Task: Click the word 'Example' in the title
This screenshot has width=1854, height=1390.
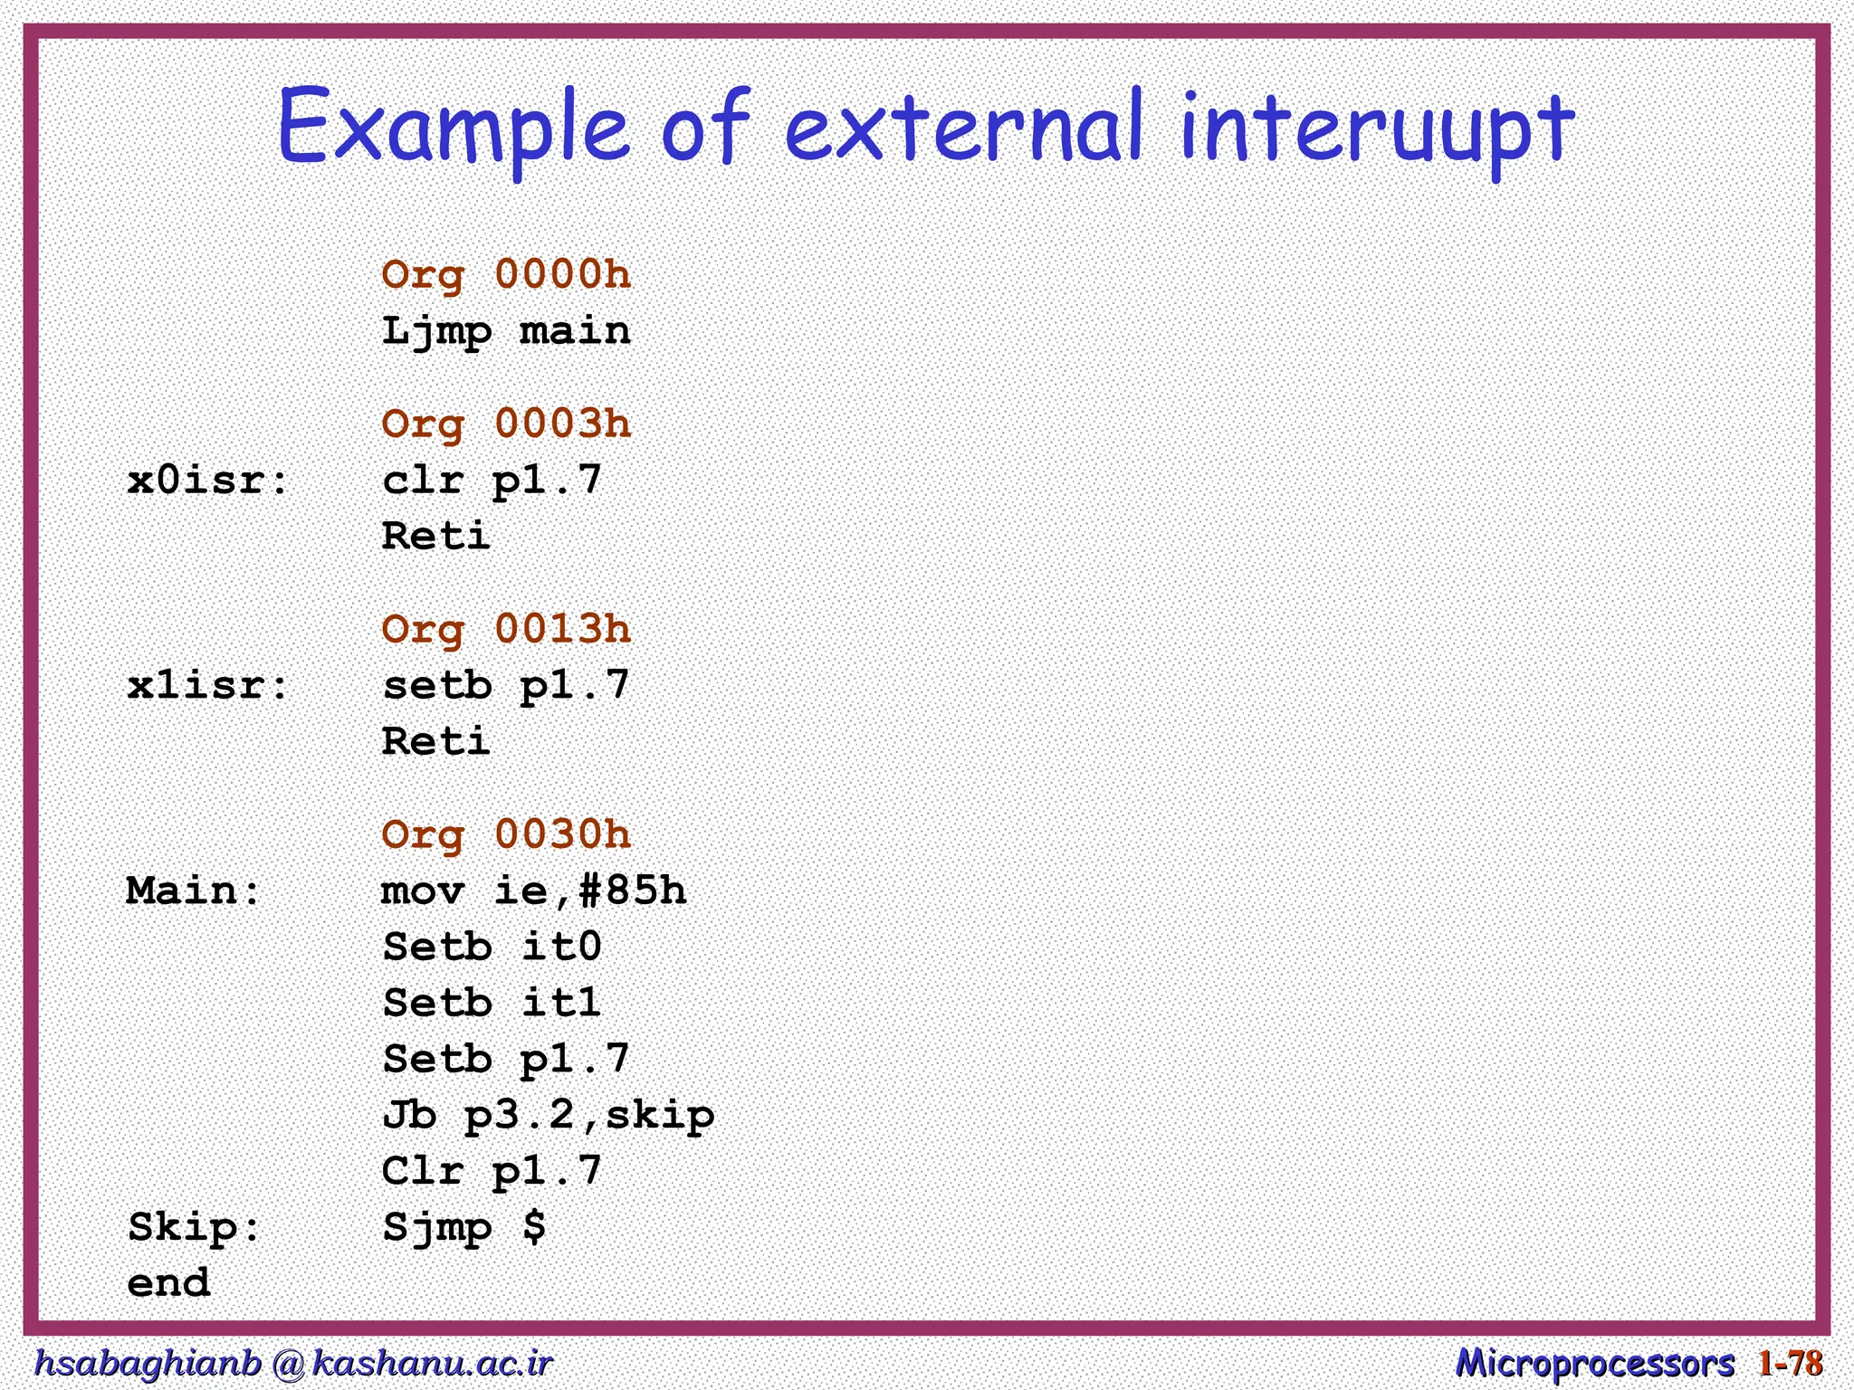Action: pyautogui.click(x=451, y=129)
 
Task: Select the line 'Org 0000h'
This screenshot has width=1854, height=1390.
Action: pyautogui.click(x=505, y=274)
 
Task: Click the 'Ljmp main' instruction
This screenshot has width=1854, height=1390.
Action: pyautogui.click(x=505, y=331)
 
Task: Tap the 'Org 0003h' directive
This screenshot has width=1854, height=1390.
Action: pyautogui.click(x=505, y=424)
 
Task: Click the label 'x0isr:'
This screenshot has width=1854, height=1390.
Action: pyautogui.click(x=208, y=481)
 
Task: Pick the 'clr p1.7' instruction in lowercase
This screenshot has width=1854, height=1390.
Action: pyautogui.click(x=492, y=481)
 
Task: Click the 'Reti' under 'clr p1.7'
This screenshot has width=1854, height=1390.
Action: pyautogui.click(x=435, y=537)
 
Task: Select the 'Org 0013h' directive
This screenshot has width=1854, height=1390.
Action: pyautogui.click(x=505, y=629)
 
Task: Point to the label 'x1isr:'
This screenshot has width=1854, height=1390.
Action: pyautogui.click(x=208, y=686)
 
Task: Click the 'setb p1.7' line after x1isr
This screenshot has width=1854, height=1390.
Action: pyautogui.click(x=505, y=686)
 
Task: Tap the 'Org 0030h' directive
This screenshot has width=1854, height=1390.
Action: pyautogui.click(x=505, y=834)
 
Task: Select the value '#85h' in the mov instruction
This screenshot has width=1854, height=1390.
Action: pyautogui.click(x=632, y=891)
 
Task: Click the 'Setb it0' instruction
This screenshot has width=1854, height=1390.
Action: pyautogui.click(x=492, y=947)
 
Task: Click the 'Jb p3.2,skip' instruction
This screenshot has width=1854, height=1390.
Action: pyautogui.click(x=548, y=1116)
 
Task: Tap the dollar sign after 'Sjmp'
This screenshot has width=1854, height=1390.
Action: pyautogui.click(x=534, y=1227)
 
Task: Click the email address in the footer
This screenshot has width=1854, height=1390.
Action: pyautogui.click(x=292, y=1363)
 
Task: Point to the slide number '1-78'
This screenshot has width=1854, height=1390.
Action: pyautogui.click(x=1790, y=1363)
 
